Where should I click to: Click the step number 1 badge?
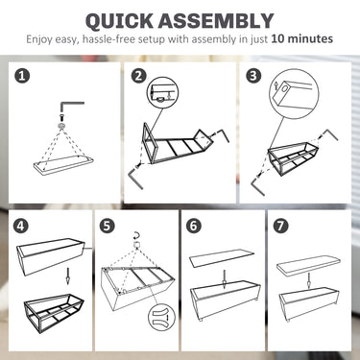[x=23, y=76]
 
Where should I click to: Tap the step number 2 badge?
[x=138, y=76]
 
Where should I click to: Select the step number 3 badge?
[x=253, y=76]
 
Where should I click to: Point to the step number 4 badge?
[x=21, y=226]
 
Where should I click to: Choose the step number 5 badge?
[x=107, y=226]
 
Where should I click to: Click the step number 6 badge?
[x=194, y=226]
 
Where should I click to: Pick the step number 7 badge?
[x=280, y=226]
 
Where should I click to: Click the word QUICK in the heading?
[x=119, y=21]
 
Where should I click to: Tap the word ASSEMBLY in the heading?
[x=216, y=21]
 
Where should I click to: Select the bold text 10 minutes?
[x=302, y=38]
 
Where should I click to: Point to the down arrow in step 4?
[x=67, y=276]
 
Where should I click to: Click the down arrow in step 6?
[x=225, y=278]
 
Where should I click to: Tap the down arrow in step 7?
[x=309, y=280]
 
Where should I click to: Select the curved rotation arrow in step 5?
[x=137, y=236]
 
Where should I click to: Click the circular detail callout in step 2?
[x=162, y=92]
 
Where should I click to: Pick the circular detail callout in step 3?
[x=295, y=93]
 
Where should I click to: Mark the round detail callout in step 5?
[x=161, y=317]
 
